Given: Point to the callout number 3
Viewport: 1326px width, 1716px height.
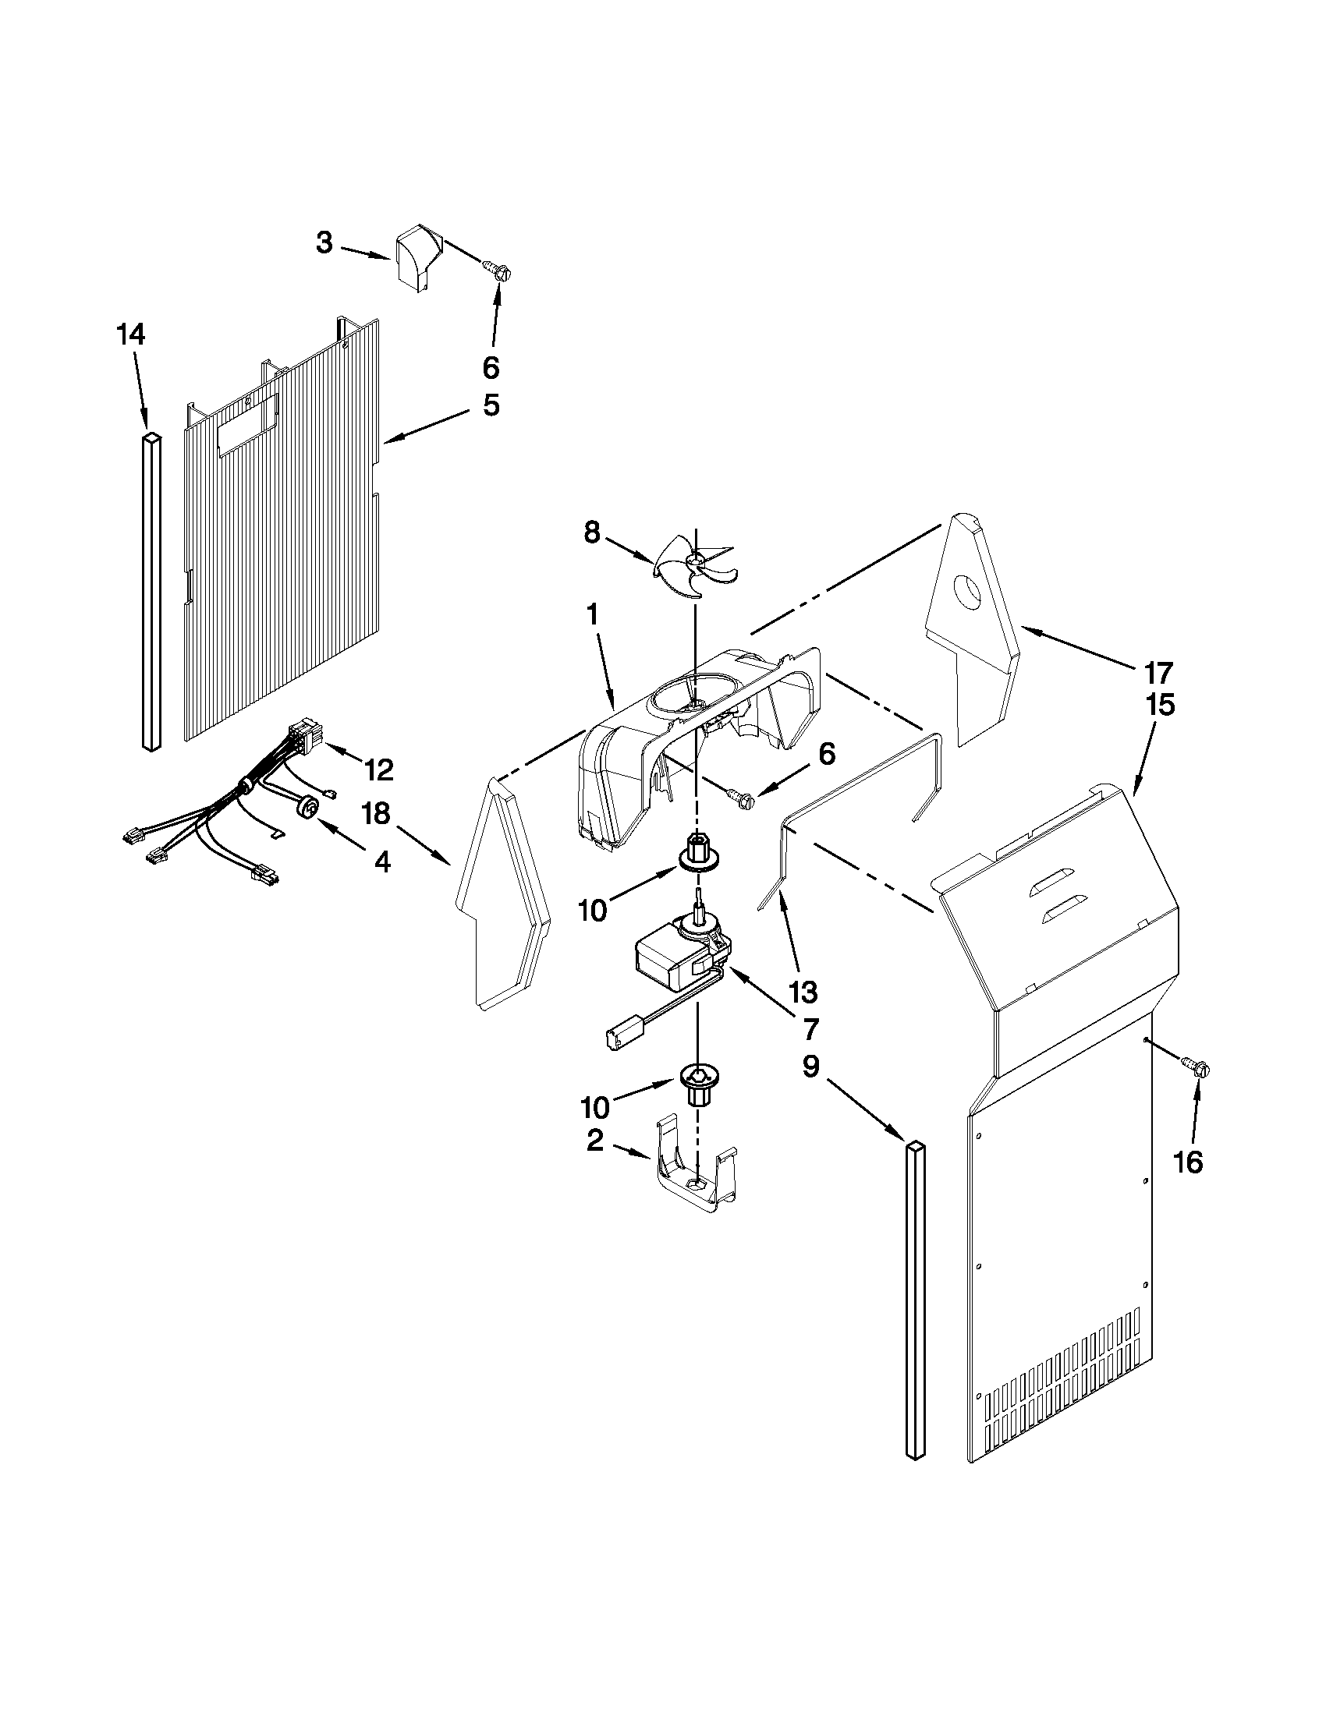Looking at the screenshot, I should [324, 243].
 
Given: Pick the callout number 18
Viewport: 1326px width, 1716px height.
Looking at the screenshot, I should [377, 814].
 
